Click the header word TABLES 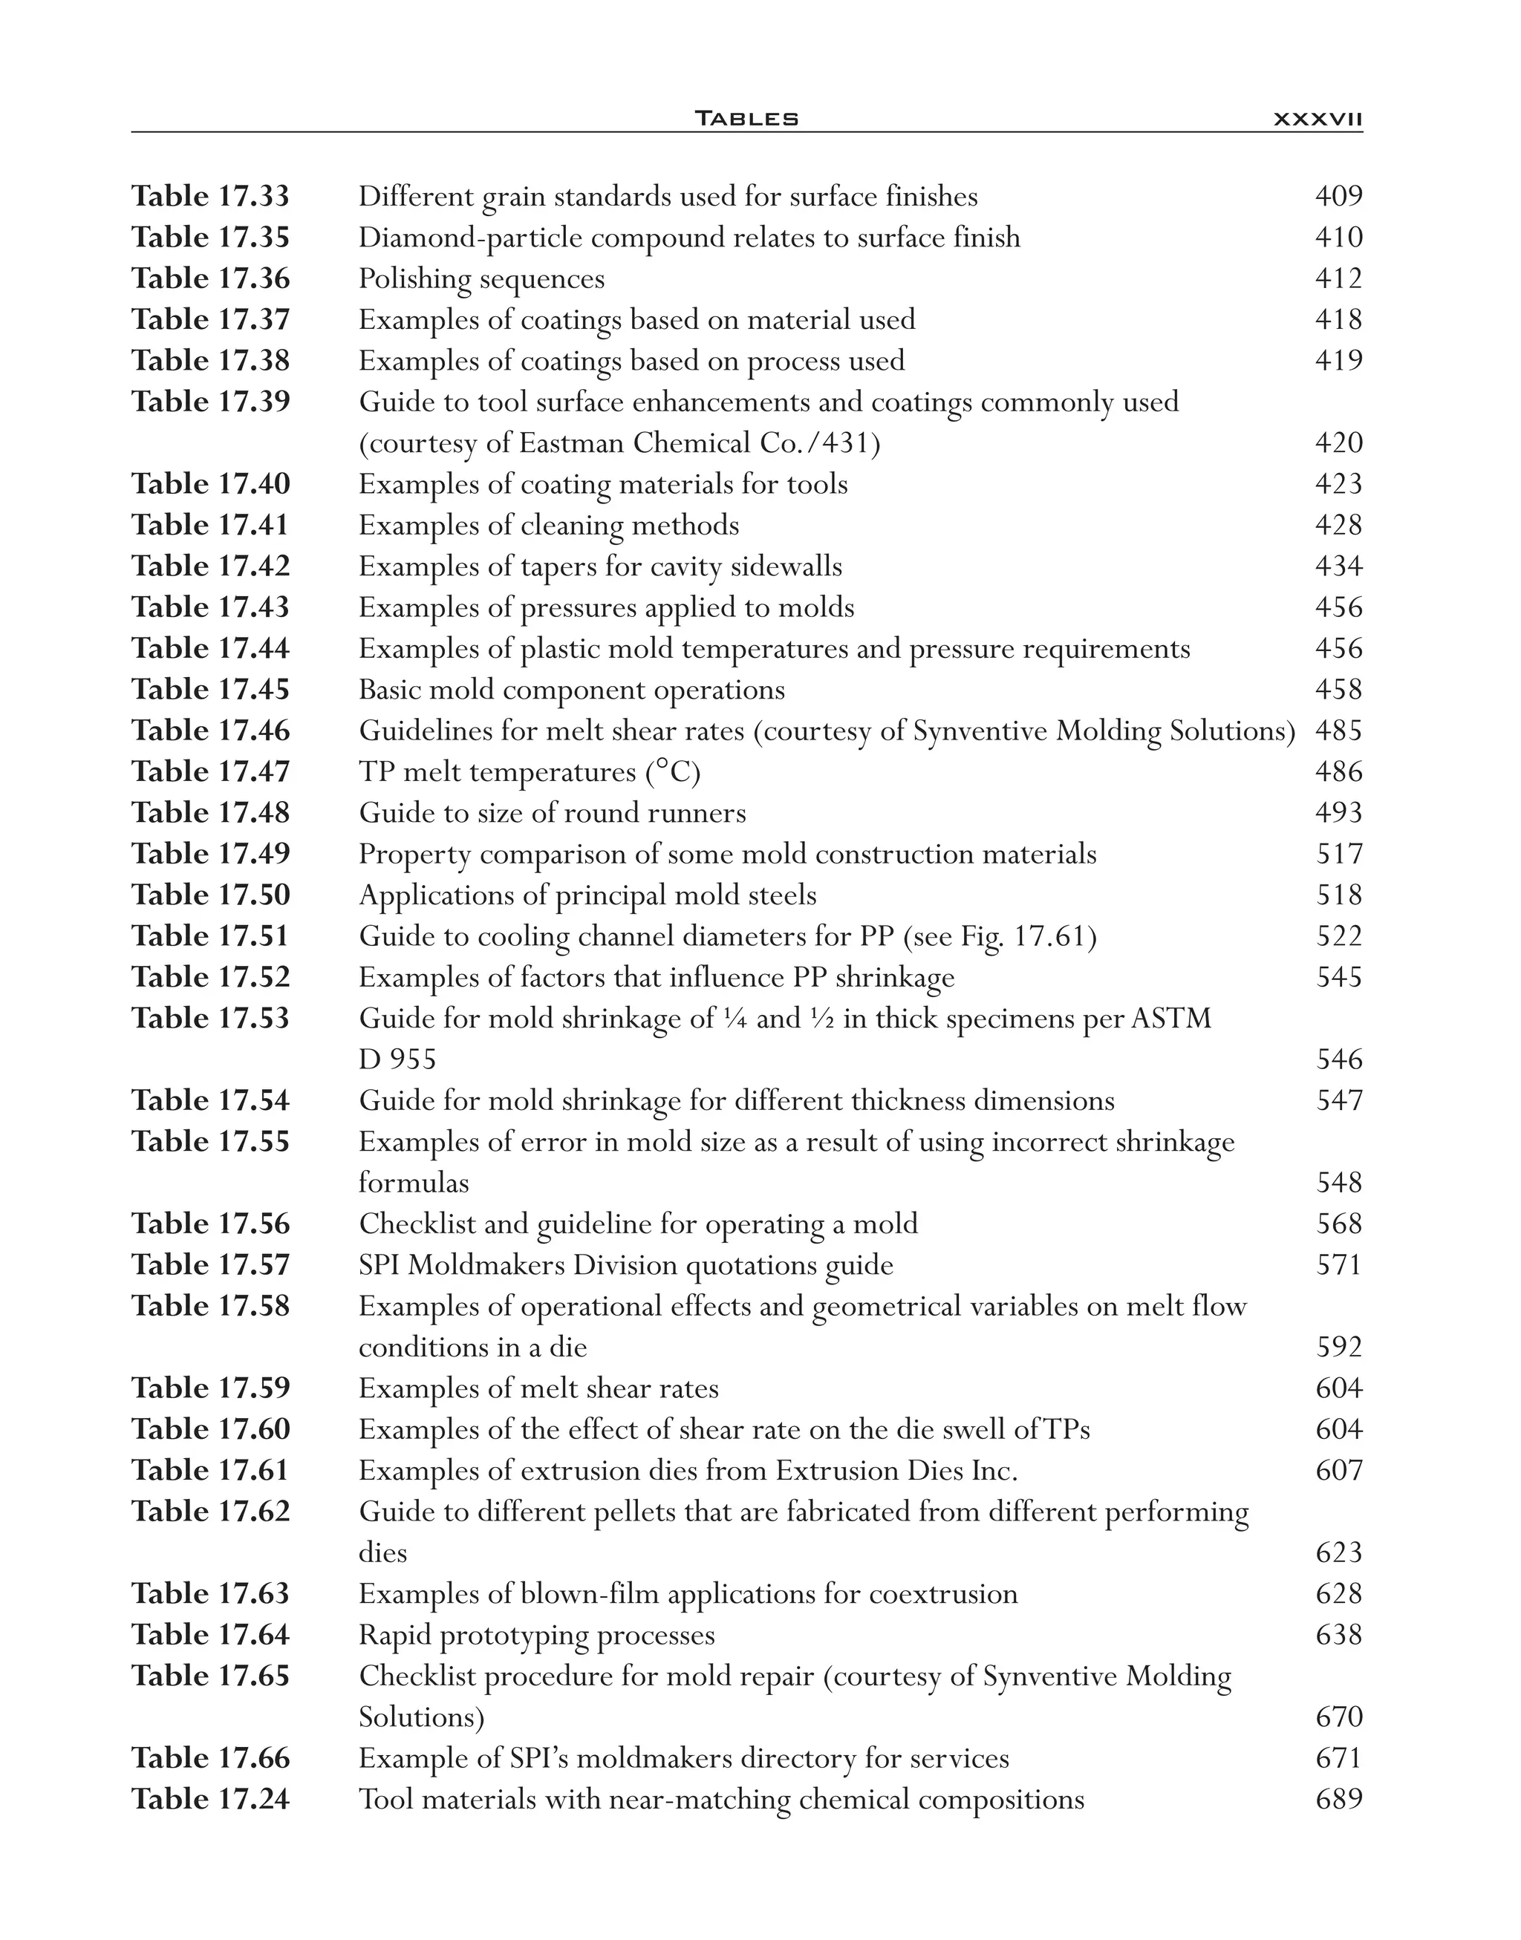[746, 118]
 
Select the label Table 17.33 [211, 197]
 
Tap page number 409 [1338, 197]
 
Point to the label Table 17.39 [211, 402]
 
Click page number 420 [1338, 443]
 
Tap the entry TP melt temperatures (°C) [529, 773]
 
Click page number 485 [1338, 731]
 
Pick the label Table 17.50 [211, 895]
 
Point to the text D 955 [397, 1060]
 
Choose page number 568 [1338, 1224]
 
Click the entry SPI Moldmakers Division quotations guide [625, 1265]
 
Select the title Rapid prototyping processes [536, 1636]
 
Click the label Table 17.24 [211, 1800]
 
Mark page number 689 [1338, 1800]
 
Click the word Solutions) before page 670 [420, 1717]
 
